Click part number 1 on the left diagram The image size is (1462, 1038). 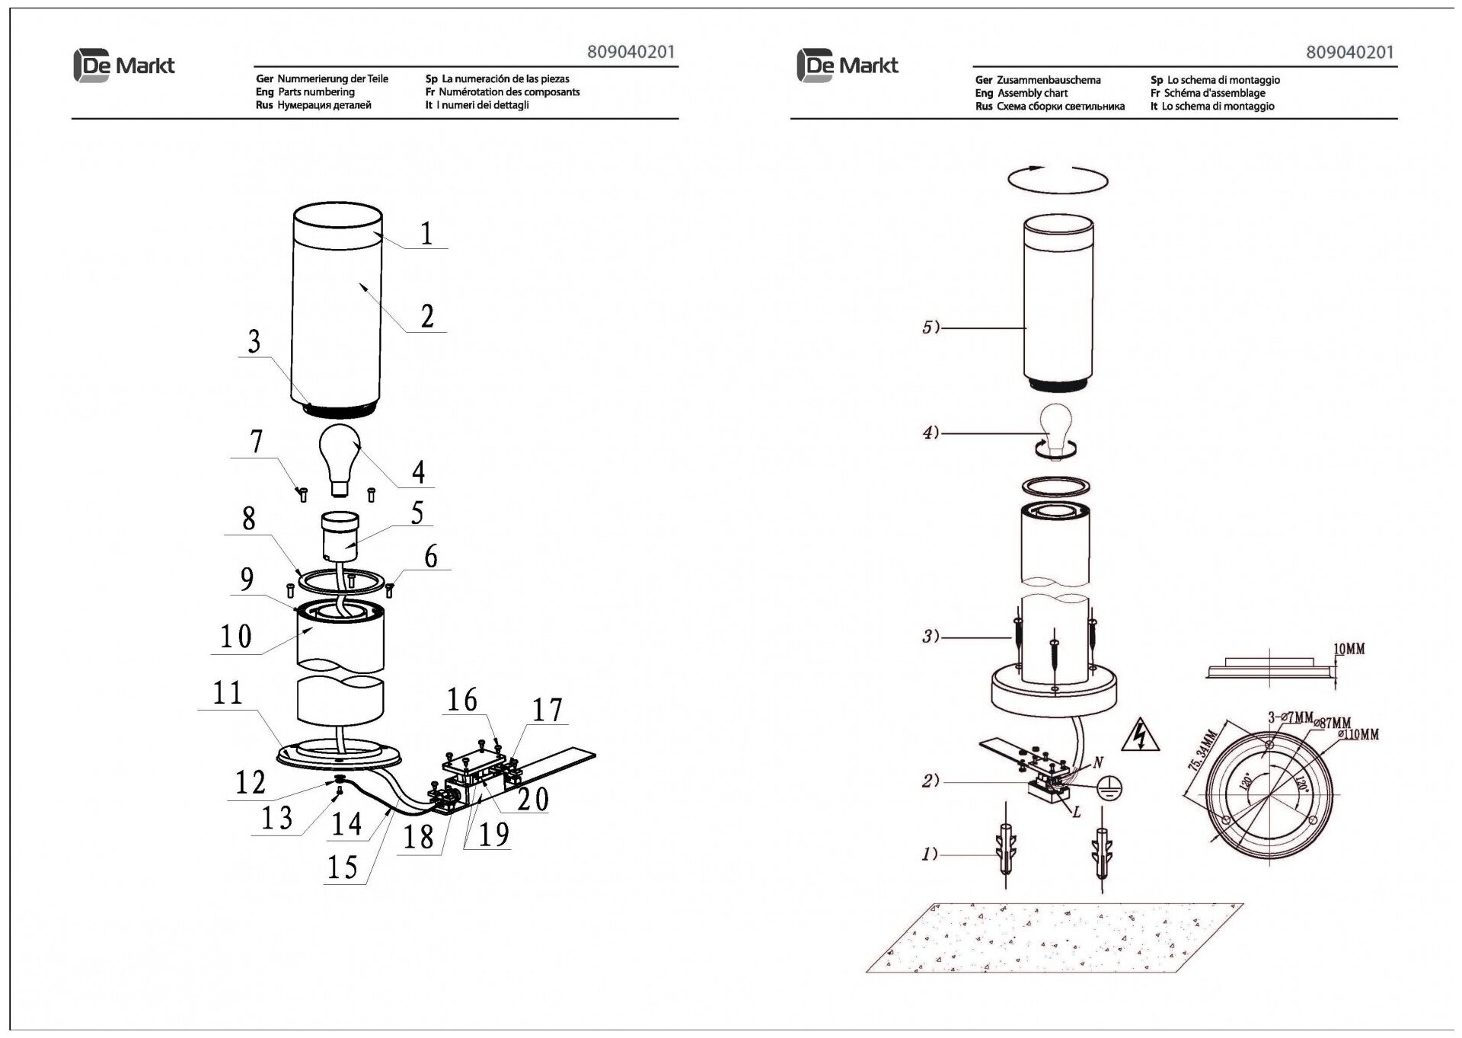pyautogui.click(x=426, y=233)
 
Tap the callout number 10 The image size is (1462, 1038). pyautogui.click(x=235, y=637)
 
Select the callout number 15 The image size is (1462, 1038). pyautogui.click(x=342, y=866)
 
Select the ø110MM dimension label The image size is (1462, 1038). pyautogui.click(x=1358, y=735)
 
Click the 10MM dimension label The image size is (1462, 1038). pyautogui.click(x=1349, y=649)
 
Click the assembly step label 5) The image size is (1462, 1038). pyautogui.click(x=931, y=327)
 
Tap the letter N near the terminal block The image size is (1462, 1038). pyautogui.click(x=1098, y=761)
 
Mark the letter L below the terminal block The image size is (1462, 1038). pyautogui.click(x=1076, y=812)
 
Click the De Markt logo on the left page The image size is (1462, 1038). pyautogui.click(x=124, y=65)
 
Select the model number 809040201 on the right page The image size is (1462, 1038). pyautogui.click(x=1349, y=52)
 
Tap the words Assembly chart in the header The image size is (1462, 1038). pyautogui.click(x=1033, y=93)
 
